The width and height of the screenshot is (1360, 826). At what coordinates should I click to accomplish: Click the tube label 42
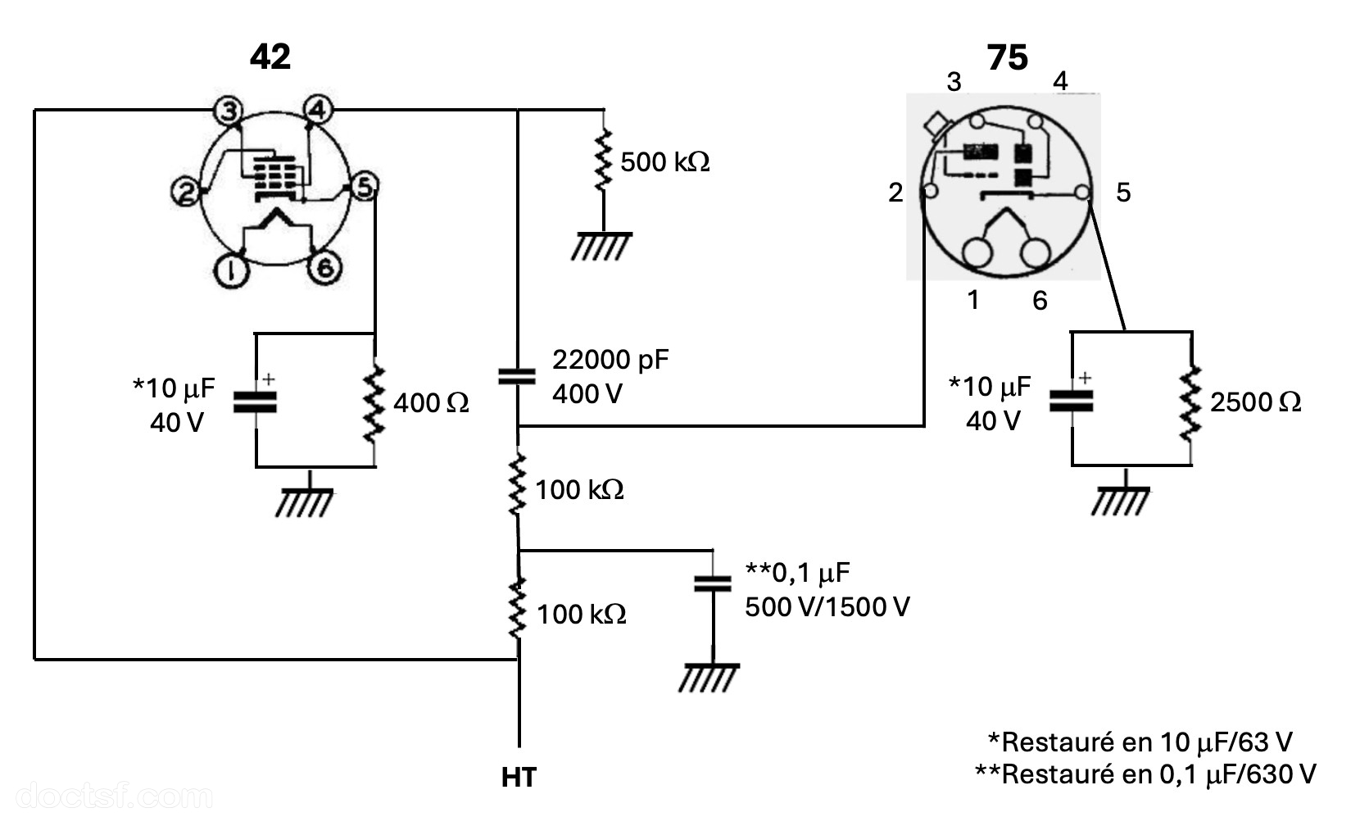pyautogui.click(x=270, y=57)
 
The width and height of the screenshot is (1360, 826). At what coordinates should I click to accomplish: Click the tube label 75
pyautogui.click(x=1007, y=58)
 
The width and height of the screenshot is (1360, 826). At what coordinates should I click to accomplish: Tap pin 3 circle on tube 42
pyautogui.click(x=229, y=111)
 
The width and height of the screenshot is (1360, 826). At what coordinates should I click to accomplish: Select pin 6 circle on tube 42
pyautogui.click(x=324, y=268)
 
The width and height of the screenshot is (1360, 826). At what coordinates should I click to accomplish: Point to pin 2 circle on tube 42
pyautogui.click(x=186, y=192)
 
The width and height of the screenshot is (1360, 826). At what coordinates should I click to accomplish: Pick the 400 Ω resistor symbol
pyautogui.click(x=374, y=402)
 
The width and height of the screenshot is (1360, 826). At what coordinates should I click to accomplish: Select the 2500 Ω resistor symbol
pyautogui.click(x=1190, y=402)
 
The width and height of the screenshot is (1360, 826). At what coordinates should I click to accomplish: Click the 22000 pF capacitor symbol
pyautogui.click(x=517, y=377)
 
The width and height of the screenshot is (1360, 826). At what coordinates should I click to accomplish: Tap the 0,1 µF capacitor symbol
pyautogui.click(x=713, y=583)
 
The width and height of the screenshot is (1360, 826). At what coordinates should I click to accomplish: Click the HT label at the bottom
pyautogui.click(x=519, y=778)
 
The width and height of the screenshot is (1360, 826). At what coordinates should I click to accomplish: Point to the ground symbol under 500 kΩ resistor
pyautogui.click(x=601, y=247)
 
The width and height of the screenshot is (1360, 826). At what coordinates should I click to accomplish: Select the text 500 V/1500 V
pyautogui.click(x=827, y=607)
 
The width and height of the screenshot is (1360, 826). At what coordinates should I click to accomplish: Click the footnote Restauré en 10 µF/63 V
pyautogui.click(x=1140, y=742)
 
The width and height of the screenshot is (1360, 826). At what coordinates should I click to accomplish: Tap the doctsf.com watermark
pyautogui.click(x=114, y=796)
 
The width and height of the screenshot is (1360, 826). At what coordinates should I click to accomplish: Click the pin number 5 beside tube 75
pyautogui.click(x=1123, y=193)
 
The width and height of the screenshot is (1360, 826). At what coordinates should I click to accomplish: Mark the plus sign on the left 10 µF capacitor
pyautogui.click(x=269, y=379)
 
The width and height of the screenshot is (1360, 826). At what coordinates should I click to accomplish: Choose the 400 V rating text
pyautogui.click(x=587, y=394)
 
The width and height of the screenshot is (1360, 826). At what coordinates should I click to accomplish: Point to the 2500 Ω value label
pyautogui.click(x=1256, y=402)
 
